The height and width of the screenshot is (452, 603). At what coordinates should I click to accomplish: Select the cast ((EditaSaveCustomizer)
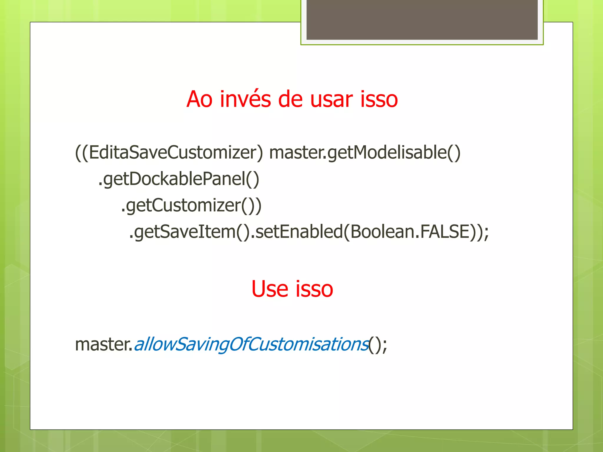pos(169,152)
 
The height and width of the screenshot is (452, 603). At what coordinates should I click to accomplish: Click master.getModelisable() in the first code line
pos(365,152)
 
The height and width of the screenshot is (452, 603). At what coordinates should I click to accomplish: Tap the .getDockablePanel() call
pos(178,179)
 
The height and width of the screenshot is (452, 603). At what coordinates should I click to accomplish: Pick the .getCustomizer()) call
pos(191,205)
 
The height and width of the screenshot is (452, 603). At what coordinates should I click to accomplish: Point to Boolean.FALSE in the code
pos(409,232)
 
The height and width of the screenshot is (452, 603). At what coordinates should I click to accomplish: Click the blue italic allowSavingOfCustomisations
pos(251,344)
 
